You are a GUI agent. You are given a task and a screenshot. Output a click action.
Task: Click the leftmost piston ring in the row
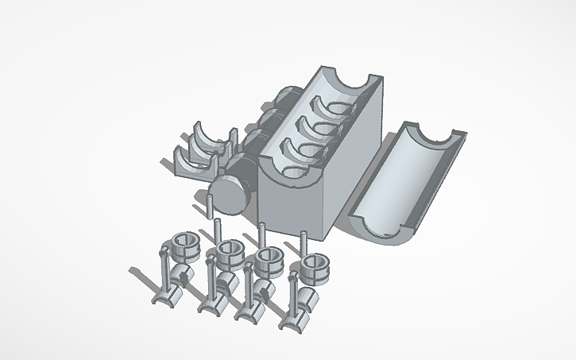pyautogui.click(x=182, y=246)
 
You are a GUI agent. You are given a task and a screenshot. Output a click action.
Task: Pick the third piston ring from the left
pyautogui.click(x=270, y=259)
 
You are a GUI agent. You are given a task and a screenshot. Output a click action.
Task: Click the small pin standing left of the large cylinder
pyautogui.click(x=207, y=207)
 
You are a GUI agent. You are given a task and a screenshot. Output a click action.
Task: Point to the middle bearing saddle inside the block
pyautogui.click(x=318, y=127)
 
